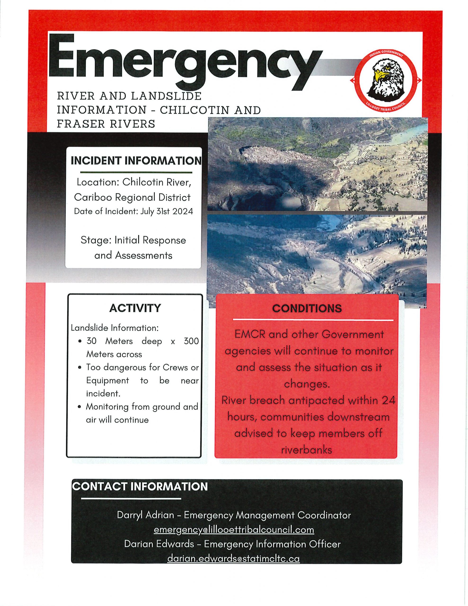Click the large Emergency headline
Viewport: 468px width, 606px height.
coord(183,60)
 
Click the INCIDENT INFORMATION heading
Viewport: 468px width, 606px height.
coord(136,161)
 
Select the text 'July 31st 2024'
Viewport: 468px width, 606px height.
coord(166,211)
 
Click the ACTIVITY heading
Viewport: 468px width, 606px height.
coord(135,308)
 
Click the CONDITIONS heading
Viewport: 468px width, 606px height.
coord(307,308)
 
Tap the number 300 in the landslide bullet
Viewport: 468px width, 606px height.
coord(191,341)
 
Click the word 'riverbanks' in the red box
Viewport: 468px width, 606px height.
coord(307,450)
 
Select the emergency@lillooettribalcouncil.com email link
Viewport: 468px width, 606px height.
coord(234,530)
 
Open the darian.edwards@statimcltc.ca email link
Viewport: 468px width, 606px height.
coord(233,559)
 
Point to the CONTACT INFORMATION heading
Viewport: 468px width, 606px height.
coord(140,487)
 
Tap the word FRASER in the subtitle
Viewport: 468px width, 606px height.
coord(81,124)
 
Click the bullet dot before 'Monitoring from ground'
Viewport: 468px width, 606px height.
coord(80,407)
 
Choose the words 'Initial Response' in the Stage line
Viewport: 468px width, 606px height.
coord(150,240)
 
